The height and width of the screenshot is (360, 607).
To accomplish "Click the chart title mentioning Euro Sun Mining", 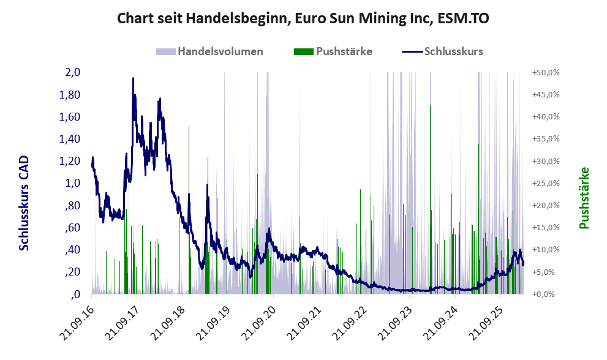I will pyautogui.click(x=303, y=18).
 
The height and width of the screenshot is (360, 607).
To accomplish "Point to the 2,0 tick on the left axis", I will pyautogui.click(x=73, y=72).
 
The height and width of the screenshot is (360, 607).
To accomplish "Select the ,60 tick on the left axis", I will pyautogui.click(x=72, y=228).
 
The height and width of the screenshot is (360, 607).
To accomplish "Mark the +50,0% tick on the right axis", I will pyautogui.click(x=546, y=72).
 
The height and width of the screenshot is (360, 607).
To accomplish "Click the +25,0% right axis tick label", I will pyautogui.click(x=546, y=183).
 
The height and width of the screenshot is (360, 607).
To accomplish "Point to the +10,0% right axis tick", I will pyautogui.click(x=546, y=250).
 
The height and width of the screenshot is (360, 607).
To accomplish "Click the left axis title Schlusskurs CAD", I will pyautogui.click(x=24, y=203).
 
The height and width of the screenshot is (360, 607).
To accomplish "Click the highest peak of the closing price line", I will pyautogui.click(x=133, y=78).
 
